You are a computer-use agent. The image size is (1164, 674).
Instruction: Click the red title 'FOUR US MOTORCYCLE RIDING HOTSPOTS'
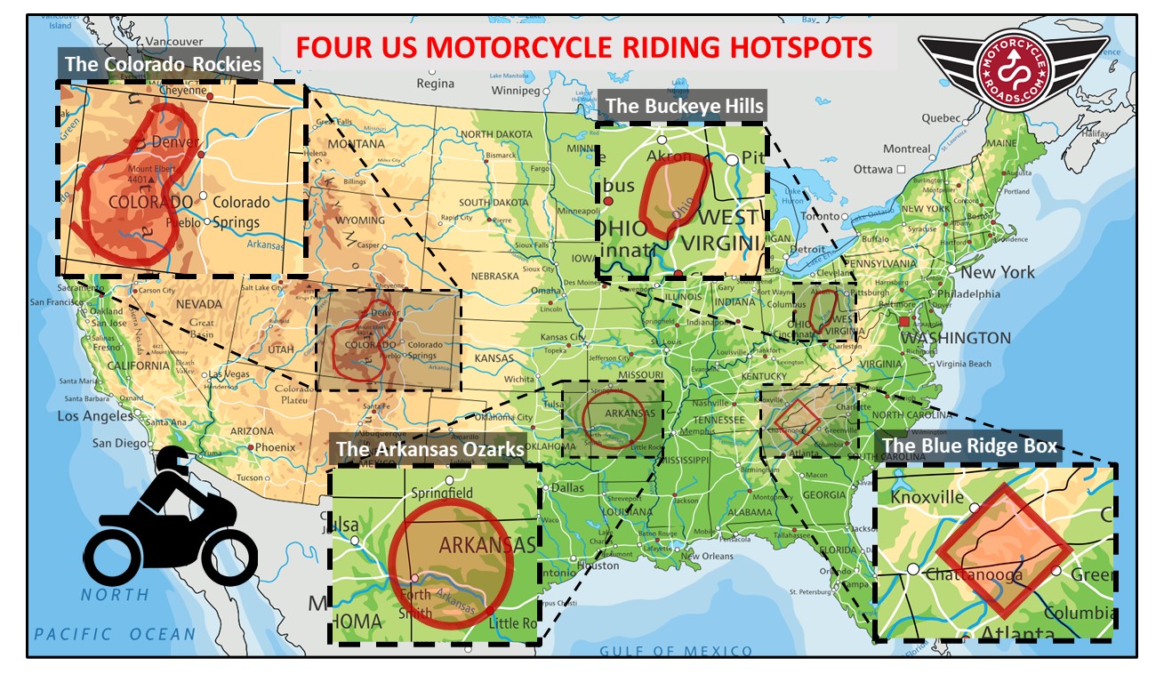[583, 47]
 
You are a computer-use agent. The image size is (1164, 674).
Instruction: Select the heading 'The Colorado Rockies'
[162, 65]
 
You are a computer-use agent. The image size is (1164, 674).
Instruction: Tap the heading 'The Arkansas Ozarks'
[429, 449]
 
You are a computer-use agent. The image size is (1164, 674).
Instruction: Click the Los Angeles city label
[95, 416]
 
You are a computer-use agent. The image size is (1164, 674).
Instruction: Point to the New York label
[997, 272]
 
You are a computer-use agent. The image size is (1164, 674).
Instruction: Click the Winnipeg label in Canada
[516, 91]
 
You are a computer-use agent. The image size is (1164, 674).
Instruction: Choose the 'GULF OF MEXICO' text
[675, 651]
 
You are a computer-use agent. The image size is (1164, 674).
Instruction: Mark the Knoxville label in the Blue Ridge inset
[927, 497]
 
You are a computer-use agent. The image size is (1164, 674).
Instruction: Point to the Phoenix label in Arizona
[275, 447]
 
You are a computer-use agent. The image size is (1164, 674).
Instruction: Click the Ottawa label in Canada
[872, 169]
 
